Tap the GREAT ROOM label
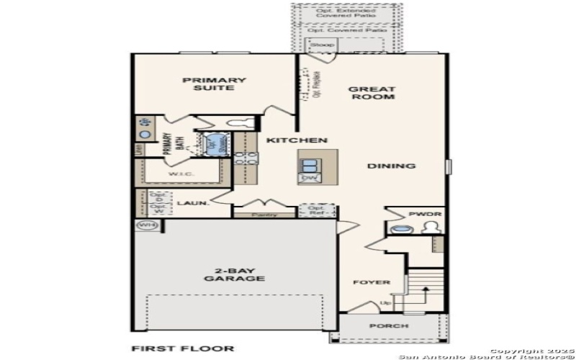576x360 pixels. [x=372, y=93]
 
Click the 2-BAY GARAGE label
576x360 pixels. [x=234, y=274]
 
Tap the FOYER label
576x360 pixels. [x=371, y=282]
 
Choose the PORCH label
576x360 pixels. [x=389, y=326]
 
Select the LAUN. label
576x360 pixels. [x=193, y=203]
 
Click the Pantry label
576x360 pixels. [x=264, y=215]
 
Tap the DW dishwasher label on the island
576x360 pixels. [x=310, y=177]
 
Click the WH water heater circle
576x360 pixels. [x=146, y=225]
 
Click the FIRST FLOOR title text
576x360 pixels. [x=183, y=348]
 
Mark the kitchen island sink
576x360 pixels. [x=310, y=162]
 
